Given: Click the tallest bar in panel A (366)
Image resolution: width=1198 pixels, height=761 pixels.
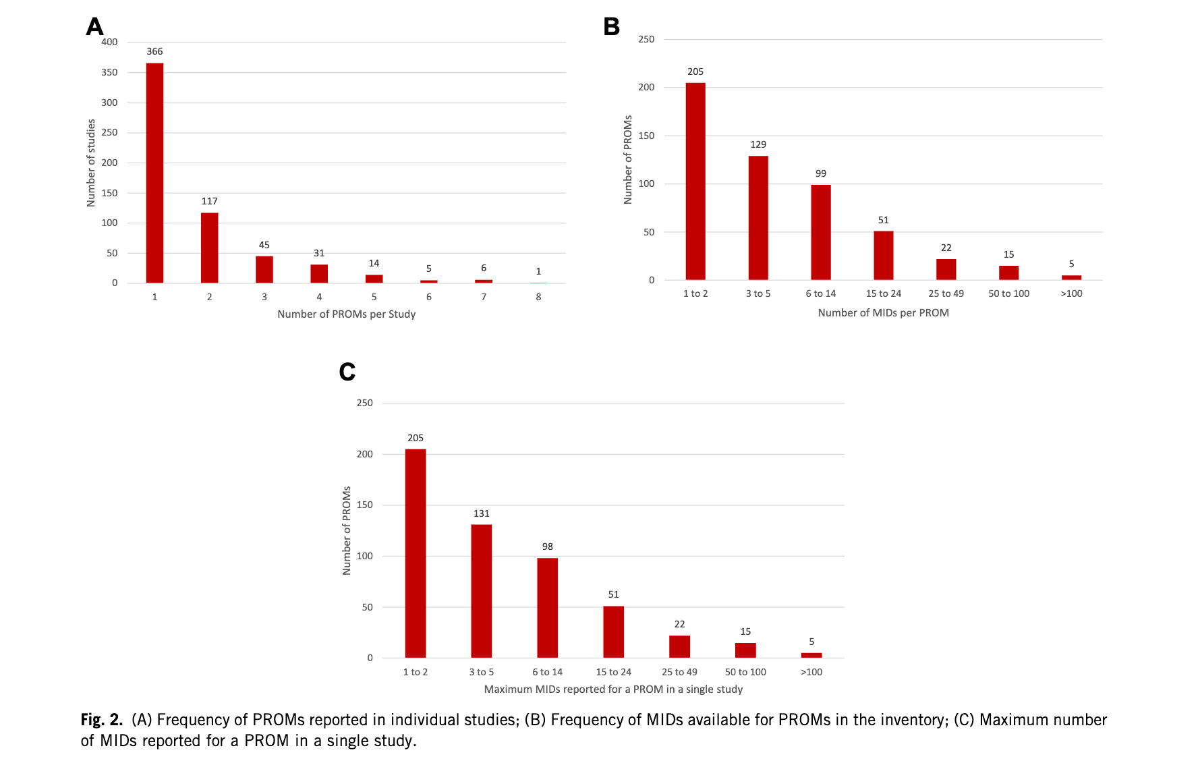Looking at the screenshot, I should click(x=154, y=173).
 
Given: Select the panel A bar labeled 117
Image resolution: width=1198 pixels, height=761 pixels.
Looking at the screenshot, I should click(x=209, y=248).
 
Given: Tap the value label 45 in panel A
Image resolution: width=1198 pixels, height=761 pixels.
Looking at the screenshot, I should click(x=264, y=245).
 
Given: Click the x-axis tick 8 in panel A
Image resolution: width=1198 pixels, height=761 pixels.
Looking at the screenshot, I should click(x=538, y=297).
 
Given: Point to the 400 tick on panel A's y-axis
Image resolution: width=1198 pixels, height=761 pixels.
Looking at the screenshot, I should click(x=109, y=42).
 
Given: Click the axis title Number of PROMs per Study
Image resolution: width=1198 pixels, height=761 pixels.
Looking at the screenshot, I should click(x=346, y=314).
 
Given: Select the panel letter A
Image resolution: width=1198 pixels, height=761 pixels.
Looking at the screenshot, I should click(x=94, y=27).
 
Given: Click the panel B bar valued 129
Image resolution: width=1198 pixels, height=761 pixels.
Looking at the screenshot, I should click(x=758, y=218).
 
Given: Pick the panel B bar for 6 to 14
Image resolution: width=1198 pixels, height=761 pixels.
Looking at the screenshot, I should click(x=820, y=232).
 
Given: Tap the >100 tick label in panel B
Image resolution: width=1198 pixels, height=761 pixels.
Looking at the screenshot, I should click(x=1071, y=293).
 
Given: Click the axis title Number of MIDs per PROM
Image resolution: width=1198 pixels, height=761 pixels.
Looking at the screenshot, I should click(x=883, y=313).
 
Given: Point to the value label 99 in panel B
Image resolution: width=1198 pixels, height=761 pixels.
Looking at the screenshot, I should click(x=820, y=173).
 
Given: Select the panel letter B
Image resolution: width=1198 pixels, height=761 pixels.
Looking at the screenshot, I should click(x=611, y=27).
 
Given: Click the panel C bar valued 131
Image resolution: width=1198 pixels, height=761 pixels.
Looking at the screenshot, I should click(x=481, y=591).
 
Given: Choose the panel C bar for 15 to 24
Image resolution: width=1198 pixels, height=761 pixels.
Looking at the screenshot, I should click(x=613, y=631).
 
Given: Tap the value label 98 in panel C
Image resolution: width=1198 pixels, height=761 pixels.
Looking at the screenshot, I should click(x=547, y=546).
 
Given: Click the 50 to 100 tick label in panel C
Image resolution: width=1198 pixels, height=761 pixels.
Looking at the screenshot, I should click(x=745, y=672).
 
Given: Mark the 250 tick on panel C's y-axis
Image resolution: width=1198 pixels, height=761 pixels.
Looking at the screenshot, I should click(x=364, y=403).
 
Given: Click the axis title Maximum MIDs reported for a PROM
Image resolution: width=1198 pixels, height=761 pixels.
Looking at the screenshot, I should click(x=613, y=689).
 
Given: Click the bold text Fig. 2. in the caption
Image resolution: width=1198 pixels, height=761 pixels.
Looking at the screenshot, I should click(x=101, y=720).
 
